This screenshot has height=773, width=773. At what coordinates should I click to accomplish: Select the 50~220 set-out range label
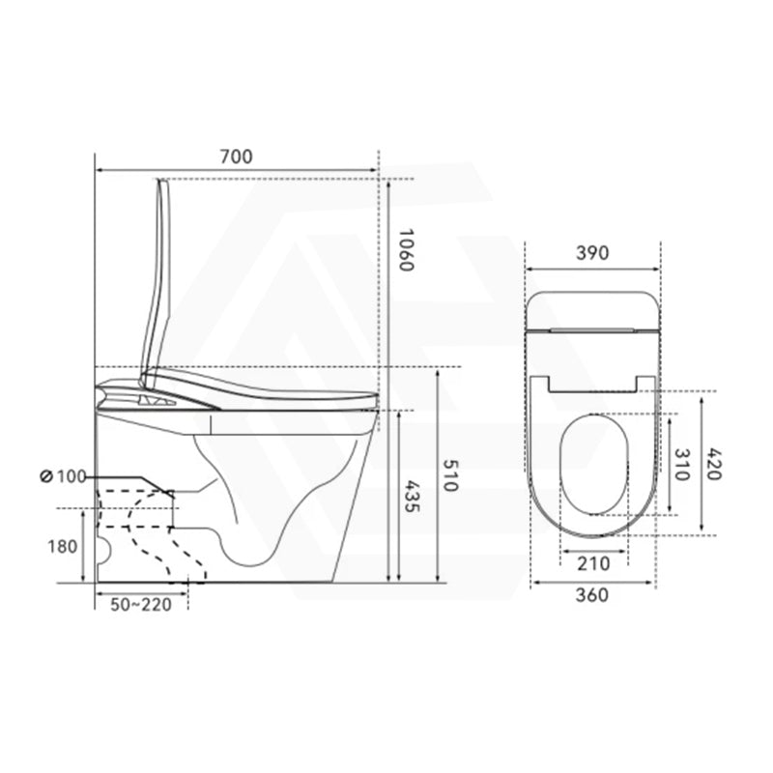click(140, 604)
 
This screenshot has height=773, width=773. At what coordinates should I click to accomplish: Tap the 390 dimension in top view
click(591, 253)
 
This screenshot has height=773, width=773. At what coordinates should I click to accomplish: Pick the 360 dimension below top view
click(591, 595)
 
